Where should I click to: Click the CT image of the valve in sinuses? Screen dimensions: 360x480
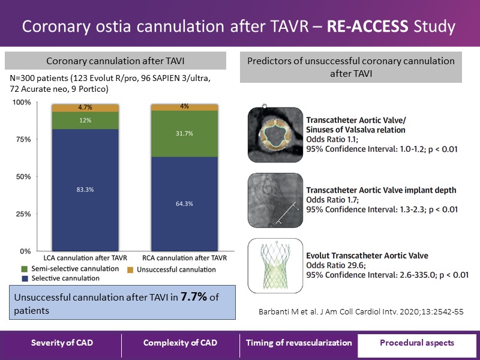274,134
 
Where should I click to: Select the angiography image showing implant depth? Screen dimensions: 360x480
274,200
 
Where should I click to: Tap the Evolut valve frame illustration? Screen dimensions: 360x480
274,264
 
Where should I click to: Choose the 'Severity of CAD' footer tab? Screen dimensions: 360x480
62,343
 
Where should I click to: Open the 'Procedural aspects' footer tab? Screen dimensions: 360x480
416,343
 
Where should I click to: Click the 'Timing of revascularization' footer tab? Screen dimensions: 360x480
299,343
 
